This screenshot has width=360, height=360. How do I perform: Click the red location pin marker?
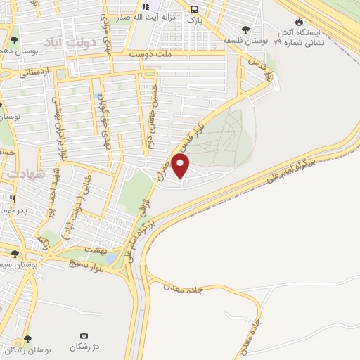click(181, 167)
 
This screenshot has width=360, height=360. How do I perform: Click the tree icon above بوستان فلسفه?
click(244, 30)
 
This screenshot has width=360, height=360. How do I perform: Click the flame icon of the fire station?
click(300, 22)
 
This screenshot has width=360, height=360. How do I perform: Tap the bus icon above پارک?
click(194, 8)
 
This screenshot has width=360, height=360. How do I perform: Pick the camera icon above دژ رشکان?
click(84, 335)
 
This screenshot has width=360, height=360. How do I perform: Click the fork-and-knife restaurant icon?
click(12, 199)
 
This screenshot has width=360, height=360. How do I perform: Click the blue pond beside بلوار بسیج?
click(113, 259)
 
